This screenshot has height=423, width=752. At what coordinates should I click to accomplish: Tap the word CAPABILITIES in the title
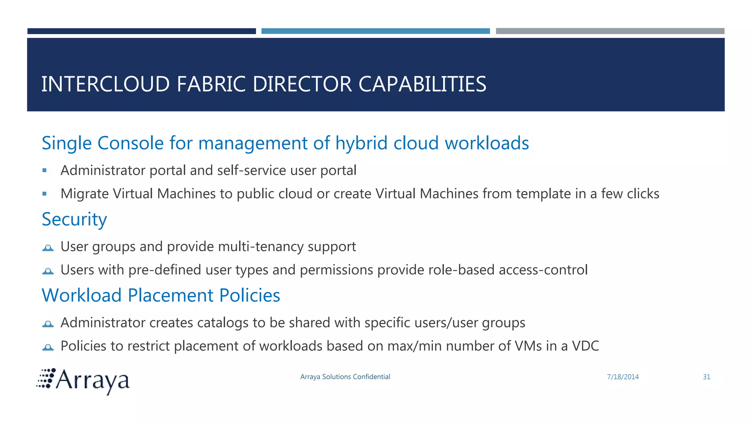pos(422,84)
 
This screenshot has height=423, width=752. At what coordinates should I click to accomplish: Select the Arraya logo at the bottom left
pos(83,381)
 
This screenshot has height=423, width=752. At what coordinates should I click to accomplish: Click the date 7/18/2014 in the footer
pos(623,377)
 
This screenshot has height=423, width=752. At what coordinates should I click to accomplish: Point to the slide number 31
pos(706,377)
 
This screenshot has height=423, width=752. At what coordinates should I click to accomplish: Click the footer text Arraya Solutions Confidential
pos(345,377)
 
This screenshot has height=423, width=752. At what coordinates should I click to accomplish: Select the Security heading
pos(74,220)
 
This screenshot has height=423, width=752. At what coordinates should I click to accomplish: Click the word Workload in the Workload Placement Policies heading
pos(82,296)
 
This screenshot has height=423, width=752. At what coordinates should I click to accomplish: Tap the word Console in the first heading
pos(130,143)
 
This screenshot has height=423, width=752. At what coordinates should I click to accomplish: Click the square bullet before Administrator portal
pos(44,170)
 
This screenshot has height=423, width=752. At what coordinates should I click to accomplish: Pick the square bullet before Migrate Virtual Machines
pos(44,194)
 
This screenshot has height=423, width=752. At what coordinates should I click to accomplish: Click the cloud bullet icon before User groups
pos(48,248)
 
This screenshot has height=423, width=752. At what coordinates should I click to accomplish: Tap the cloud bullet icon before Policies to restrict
pos(48,347)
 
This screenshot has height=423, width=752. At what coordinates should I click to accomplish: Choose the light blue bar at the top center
pos(376,31)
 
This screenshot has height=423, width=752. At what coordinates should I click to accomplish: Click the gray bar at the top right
pos(610,31)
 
